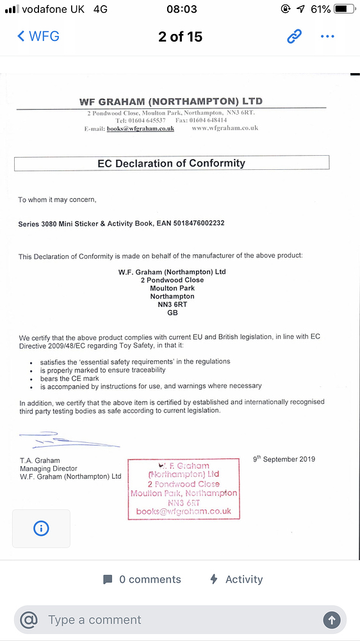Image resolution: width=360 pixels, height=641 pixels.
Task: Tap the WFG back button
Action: (x=38, y=36)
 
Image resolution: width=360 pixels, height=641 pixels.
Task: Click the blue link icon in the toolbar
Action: (x=294, y=37)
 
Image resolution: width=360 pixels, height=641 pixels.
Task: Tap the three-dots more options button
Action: (x=327, y=37)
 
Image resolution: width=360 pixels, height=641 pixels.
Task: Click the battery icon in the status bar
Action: (x=343, y=10)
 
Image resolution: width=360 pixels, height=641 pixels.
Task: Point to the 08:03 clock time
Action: (x=181, y=10)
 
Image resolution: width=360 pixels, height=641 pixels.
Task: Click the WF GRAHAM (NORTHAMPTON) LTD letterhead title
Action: (x=170, y=101)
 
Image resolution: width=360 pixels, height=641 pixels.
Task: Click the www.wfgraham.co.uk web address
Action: (x=225, y=128)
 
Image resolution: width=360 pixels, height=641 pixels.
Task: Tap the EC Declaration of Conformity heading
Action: (x=171, y=163)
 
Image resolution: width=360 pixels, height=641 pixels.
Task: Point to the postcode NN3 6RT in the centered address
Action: (x=172, y=304)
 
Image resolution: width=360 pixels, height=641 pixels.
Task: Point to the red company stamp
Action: (x=184, y=488)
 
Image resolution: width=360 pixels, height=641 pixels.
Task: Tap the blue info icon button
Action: (x=41, y=528)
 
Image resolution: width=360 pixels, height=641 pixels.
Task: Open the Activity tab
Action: (x=237, y=579)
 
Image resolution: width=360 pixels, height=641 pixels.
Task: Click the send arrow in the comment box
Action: (x=331, y=619)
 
